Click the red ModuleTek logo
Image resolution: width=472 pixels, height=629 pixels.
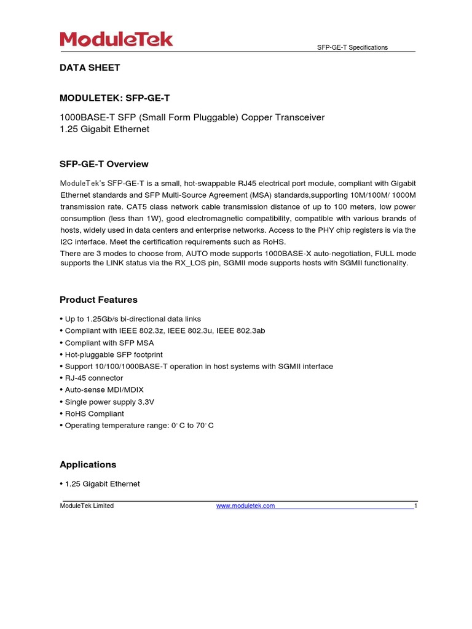(x=116, y=40)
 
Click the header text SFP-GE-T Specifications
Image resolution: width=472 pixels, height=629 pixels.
(x=352, y=48)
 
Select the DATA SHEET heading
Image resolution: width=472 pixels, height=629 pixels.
(x=90, y=68)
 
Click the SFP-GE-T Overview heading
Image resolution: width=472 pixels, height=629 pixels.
(x=104, y=164)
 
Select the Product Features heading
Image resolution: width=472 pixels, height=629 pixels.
(x=98, y=300)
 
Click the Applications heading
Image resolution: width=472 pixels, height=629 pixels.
(x=88, y=464)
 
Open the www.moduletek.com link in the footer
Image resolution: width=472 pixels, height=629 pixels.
(x=245, y=506)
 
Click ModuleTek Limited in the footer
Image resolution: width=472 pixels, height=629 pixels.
(x=87, y=506)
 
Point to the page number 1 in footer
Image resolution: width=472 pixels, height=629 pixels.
(x=415, y=506)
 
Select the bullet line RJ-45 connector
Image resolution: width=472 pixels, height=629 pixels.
(x=93, y=378)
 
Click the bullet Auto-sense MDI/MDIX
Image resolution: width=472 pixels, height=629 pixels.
(x=104, y=390)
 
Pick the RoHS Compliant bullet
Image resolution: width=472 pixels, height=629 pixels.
(x=94, y=414)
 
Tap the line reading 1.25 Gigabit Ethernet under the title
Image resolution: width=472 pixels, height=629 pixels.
(x=104, y=130)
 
